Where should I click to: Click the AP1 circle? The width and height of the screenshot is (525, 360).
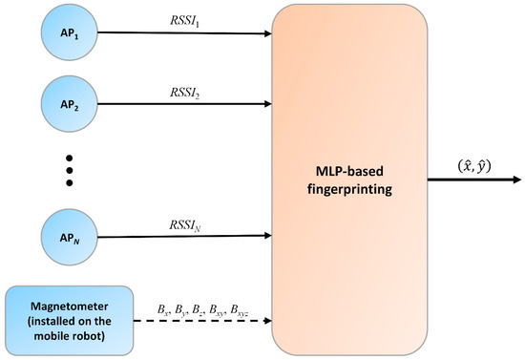[68, 32]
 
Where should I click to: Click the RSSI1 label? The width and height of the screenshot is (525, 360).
[182, 19]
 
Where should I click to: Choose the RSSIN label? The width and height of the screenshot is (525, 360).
[182, 224]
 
